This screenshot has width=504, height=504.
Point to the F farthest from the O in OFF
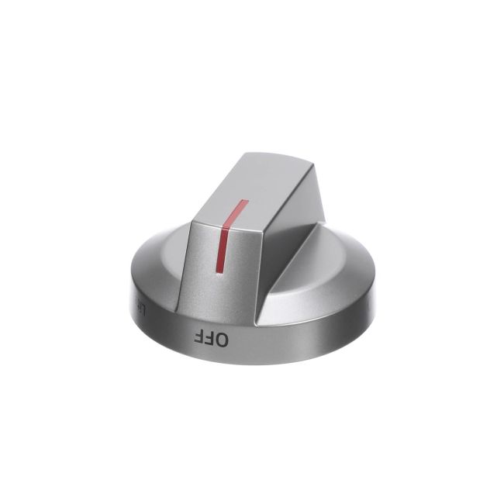tap(199, 337)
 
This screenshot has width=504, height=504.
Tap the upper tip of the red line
tap(245, 201)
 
